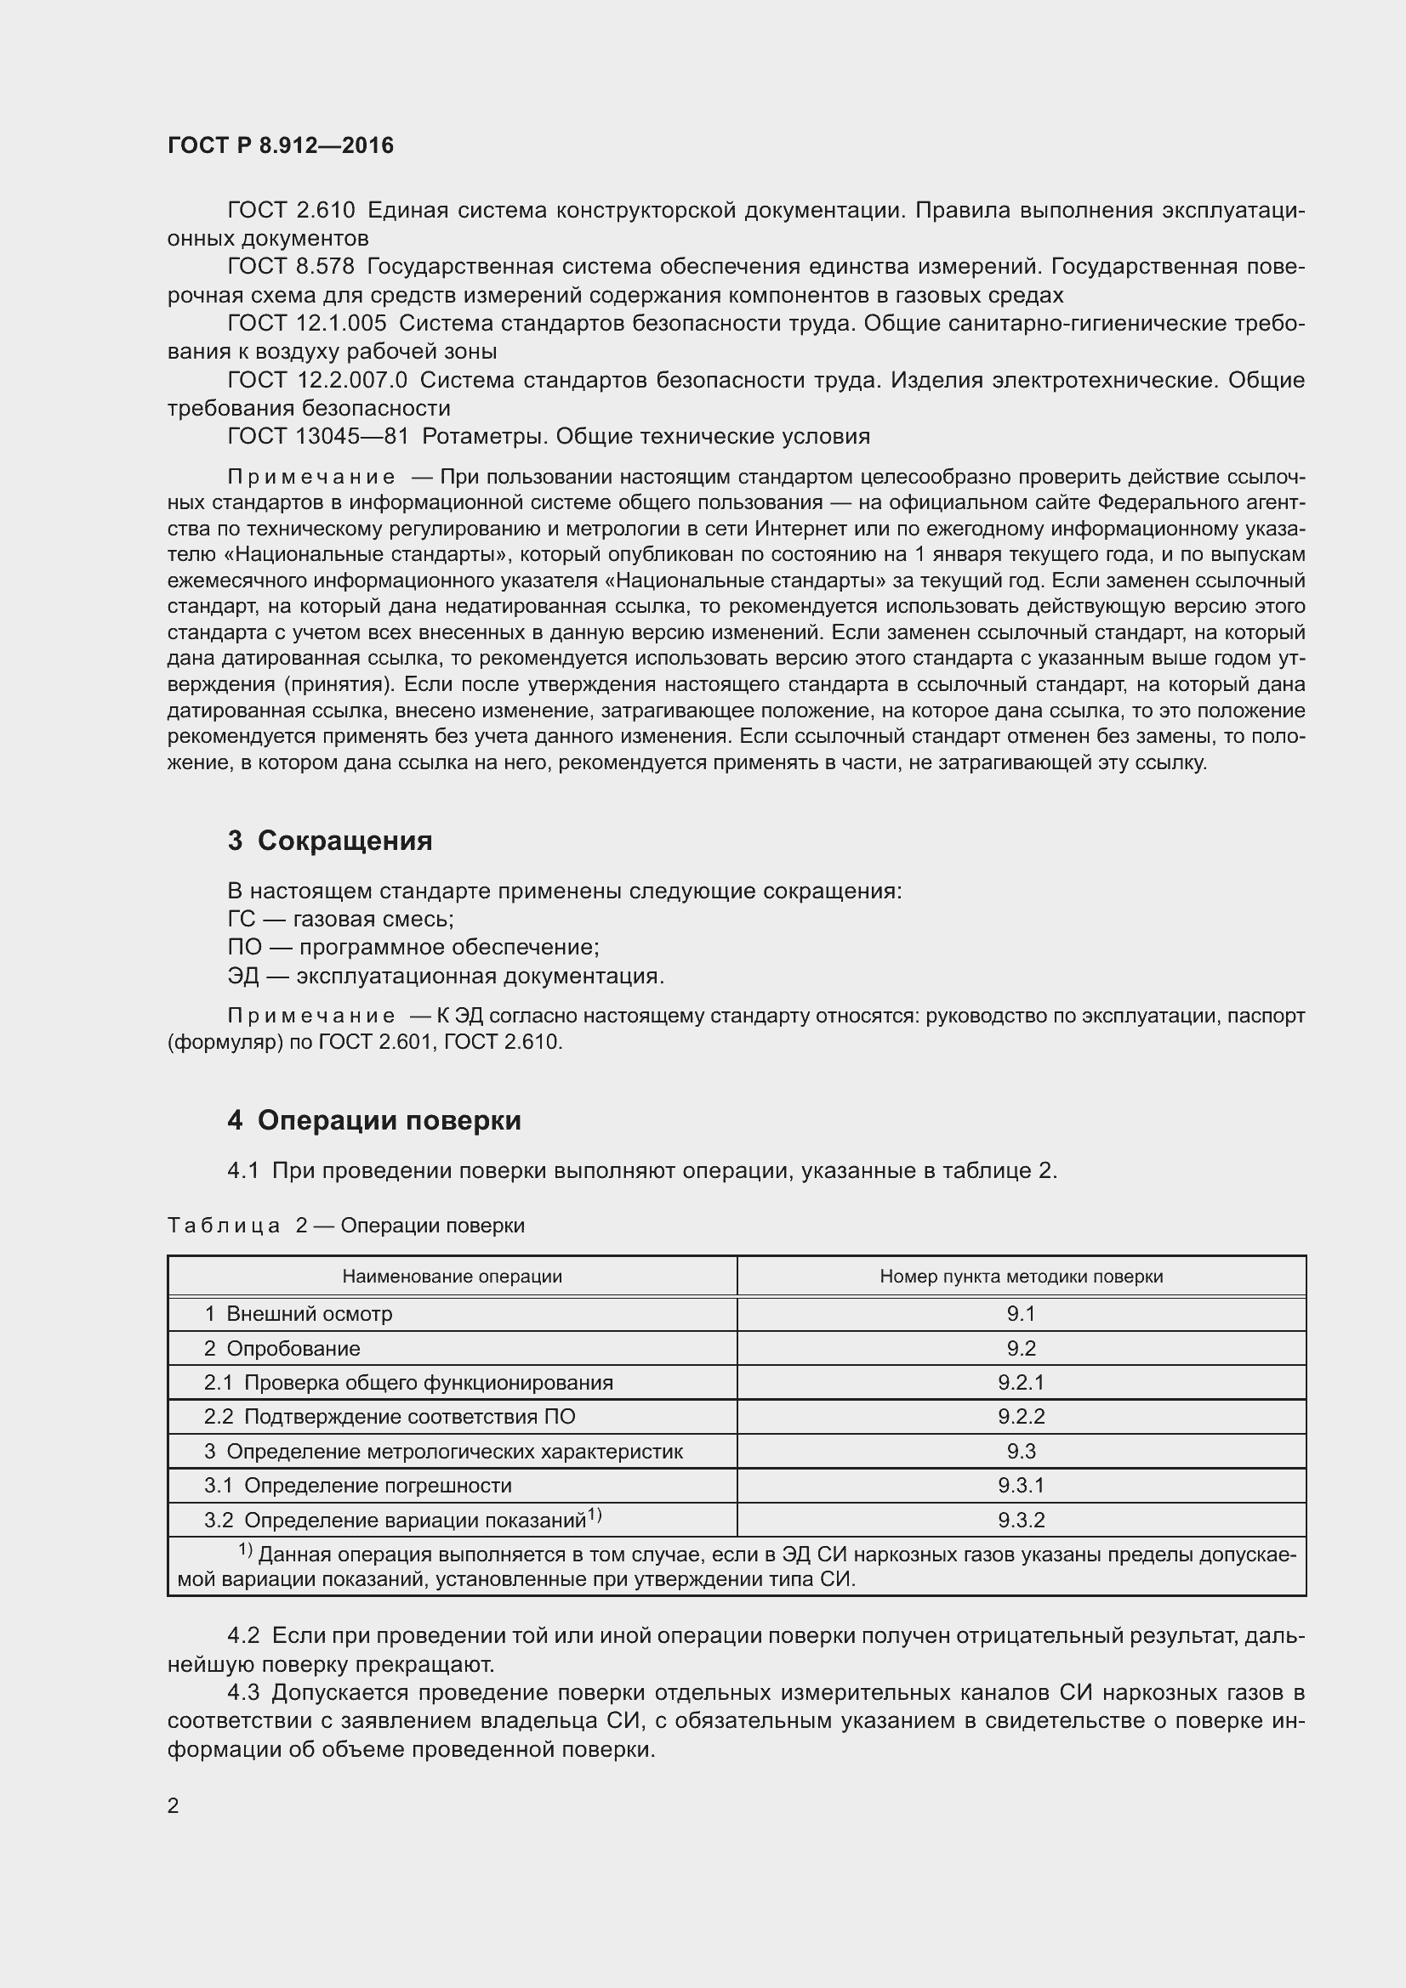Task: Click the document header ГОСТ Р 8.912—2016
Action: (x=280, y=145)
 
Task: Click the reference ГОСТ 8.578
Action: (x=290, y=267)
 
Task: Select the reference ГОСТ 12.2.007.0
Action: (x=316, y=380)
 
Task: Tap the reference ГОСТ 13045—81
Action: (x=317, y=436)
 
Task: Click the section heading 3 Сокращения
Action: (x=329, y=841)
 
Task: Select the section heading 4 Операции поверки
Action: (x=373, y=1120)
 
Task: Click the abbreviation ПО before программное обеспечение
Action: (x=243, y=947)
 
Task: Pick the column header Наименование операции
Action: (x=452, y=1277)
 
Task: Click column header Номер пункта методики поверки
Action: (x=1021, y=1277)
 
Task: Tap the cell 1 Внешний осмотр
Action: (x=298, y=1313)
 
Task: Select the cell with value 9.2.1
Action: (x=1021, y=1383)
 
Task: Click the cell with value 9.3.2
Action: (x=1021, y=1521)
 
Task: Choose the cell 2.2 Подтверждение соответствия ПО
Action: (x=389, y=1418)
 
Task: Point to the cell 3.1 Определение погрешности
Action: (x=357, y=1486)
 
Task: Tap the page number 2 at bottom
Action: (x=173, y=1806)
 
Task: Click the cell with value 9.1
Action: (x=1021, y=1313)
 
